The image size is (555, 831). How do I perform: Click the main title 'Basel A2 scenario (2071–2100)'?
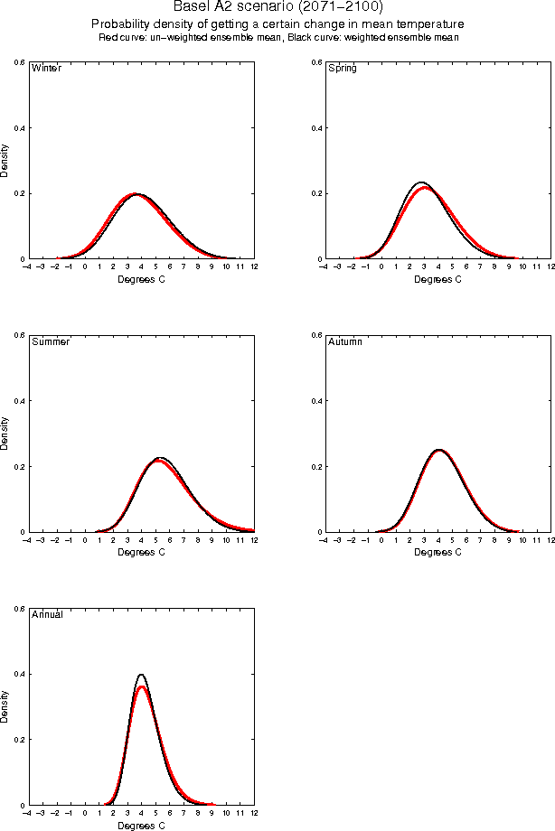(277, 7)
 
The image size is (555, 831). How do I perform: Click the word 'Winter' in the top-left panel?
(46, 69)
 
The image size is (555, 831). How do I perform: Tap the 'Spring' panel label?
(343, 69)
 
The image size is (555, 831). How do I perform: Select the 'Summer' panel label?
(51, 342)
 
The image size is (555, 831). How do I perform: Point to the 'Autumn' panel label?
(344, 342)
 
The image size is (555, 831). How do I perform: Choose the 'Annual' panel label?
(47, 615)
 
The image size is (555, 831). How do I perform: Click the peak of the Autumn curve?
(438, 449)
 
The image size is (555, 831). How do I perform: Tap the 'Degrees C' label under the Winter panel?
(142, 279)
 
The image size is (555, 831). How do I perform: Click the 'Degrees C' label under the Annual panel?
(142, 826)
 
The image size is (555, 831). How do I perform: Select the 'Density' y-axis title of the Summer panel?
(5, 434)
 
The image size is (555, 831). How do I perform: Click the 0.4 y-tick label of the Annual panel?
(20, 675)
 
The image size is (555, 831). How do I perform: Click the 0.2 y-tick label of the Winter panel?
(20, 194)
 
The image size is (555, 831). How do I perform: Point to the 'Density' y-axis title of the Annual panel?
(5, 706)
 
